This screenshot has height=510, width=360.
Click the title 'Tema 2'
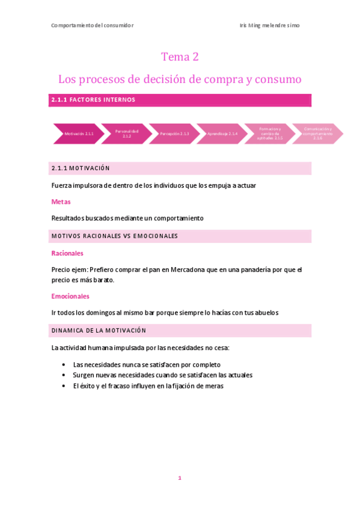coord(180,57)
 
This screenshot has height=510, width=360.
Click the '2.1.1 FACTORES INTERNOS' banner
coord(93,100)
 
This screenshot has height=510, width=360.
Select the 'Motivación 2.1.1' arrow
coord(79,134)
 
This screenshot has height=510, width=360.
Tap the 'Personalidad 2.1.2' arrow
coord(126,134)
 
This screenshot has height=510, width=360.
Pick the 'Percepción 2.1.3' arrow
coord(174,134)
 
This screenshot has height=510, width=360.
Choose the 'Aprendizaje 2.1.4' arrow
coord(222,134)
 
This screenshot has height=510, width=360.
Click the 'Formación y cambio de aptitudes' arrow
coord(270,134)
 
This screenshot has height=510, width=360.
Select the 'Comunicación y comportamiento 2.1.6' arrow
coord(318,134)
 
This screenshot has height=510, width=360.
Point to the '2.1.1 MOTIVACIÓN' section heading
coord(81,168)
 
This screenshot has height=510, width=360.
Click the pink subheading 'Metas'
coord(61,201)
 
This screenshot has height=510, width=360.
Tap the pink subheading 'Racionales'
coord(67,253)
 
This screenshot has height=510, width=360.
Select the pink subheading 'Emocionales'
coord(70,296)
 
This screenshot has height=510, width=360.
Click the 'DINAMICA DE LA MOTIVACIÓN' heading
coord(99,331)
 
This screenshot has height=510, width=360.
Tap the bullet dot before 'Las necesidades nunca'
coord(64,365)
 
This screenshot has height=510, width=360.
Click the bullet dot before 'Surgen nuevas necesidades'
coord(64,375)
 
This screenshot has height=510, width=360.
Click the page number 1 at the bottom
coord(179,478)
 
